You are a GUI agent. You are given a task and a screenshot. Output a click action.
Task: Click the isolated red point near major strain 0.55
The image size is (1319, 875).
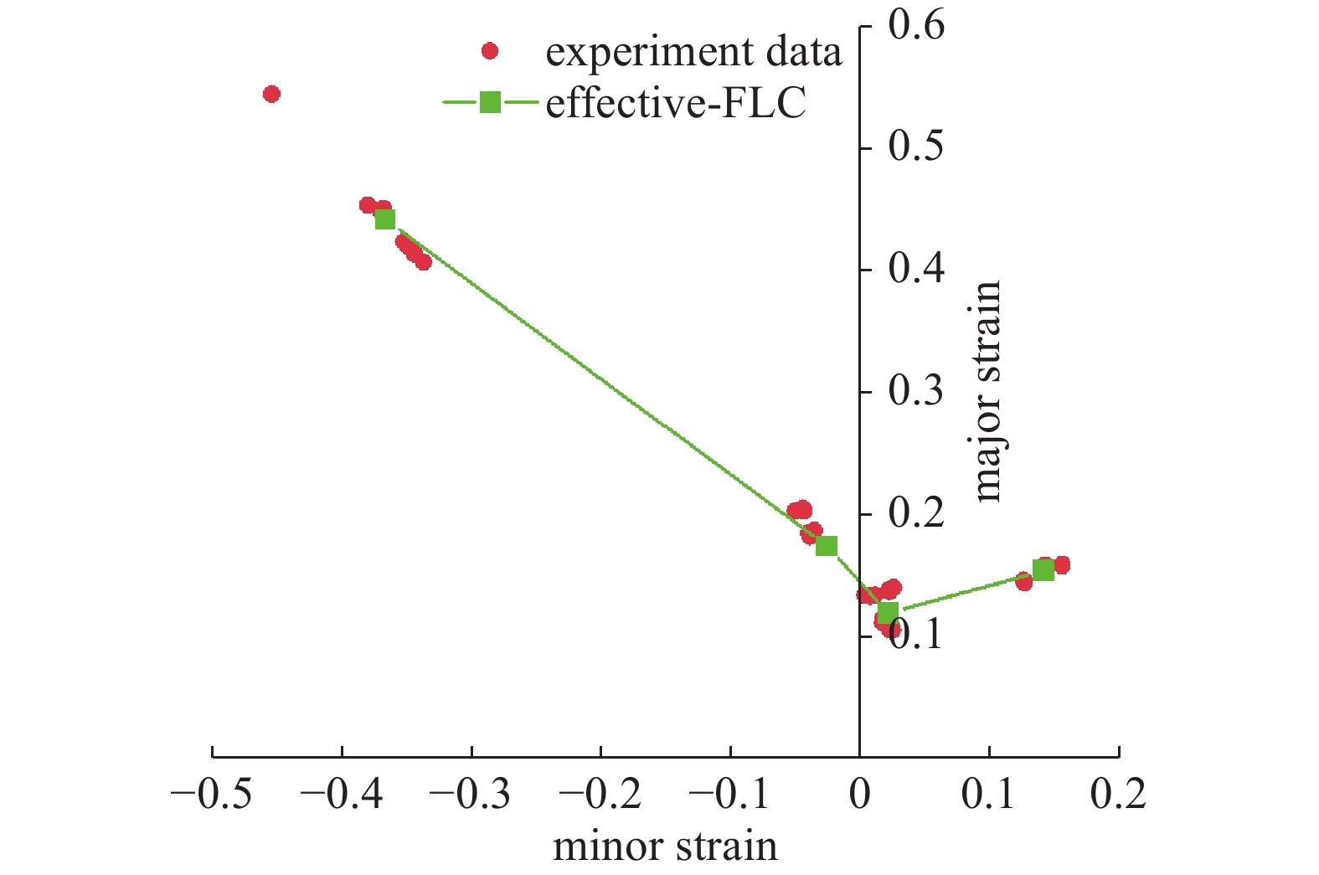click(x=271, y=94)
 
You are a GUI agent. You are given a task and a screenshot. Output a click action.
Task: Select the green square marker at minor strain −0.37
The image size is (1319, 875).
click(x=385, y=219)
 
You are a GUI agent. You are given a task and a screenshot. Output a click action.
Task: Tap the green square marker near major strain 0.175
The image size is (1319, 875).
click(x=827, y=546)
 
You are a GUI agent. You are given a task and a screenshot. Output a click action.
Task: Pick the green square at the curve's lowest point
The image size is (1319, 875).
click(x=889, y=612)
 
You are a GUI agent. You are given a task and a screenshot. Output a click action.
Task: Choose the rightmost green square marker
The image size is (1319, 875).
click(x=1043, y=570)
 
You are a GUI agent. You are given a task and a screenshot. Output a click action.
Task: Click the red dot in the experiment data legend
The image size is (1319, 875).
click(x=490, y=52)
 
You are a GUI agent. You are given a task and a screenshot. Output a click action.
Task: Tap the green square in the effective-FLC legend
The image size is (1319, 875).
click(x=490, y=102)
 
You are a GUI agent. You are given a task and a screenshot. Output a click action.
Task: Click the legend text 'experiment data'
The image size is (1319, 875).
click(x=693, y=52)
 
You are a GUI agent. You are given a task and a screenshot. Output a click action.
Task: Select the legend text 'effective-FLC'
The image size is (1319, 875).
click(x=676, y=104)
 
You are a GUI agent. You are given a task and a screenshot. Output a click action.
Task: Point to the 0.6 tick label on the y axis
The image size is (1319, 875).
click(x=916, y=25)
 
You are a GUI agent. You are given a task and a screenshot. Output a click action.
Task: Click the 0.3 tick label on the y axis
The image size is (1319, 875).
click(x=916, y=391)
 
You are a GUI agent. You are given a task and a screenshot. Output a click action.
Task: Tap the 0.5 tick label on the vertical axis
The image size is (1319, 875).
click(x=916, y=147)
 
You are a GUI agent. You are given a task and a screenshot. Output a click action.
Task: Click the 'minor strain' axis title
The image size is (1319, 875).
click(x=665, y=847)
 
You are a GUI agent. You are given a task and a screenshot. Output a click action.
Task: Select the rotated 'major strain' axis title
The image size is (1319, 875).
click(x=988, y=392)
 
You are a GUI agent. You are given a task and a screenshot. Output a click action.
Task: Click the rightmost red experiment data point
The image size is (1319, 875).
click(x=1062, y=565)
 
